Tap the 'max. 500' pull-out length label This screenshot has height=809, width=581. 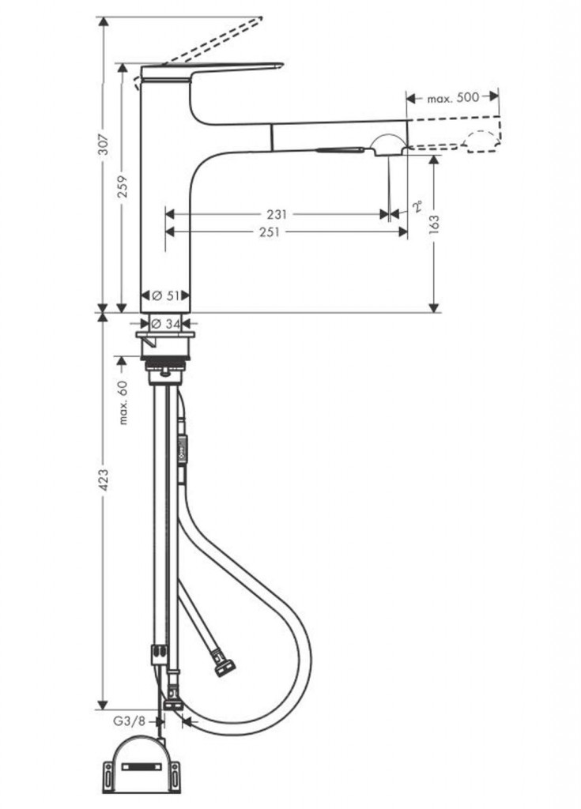[x=453, y=98]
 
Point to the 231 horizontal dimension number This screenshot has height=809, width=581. [x=276, y=213]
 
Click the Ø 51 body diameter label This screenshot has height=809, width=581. [x=165, y=295]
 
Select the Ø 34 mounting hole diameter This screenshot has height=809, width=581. [x=165, y=323]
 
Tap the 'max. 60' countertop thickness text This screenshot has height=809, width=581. [x=123, y=401]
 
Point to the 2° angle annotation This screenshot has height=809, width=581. [x=417, y=207]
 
